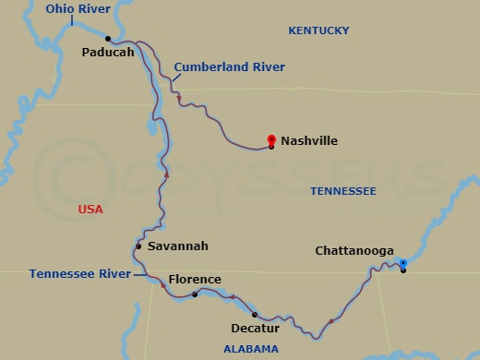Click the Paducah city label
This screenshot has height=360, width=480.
(108, 52)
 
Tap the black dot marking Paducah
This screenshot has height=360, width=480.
(108, 39)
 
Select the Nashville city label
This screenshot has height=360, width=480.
(309, 141)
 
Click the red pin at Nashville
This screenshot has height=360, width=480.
(271, 140)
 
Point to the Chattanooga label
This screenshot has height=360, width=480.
(354, 251)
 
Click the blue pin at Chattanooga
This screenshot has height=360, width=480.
(402, 264)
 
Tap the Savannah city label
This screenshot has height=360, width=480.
(178, 246)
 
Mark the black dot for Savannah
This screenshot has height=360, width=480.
(138, 246)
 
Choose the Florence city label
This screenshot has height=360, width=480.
(195, 280)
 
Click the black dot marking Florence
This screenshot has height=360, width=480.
(195, 294)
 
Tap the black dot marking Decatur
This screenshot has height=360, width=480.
(254, 315)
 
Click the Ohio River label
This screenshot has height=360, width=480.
(79, 10)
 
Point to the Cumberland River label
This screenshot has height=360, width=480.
(229, 67)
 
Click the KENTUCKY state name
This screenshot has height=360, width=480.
(318, 30)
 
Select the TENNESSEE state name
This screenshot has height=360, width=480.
(342, 190)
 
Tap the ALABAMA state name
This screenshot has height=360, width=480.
(250, 349)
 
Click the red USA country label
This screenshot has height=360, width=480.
(90, 210)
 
